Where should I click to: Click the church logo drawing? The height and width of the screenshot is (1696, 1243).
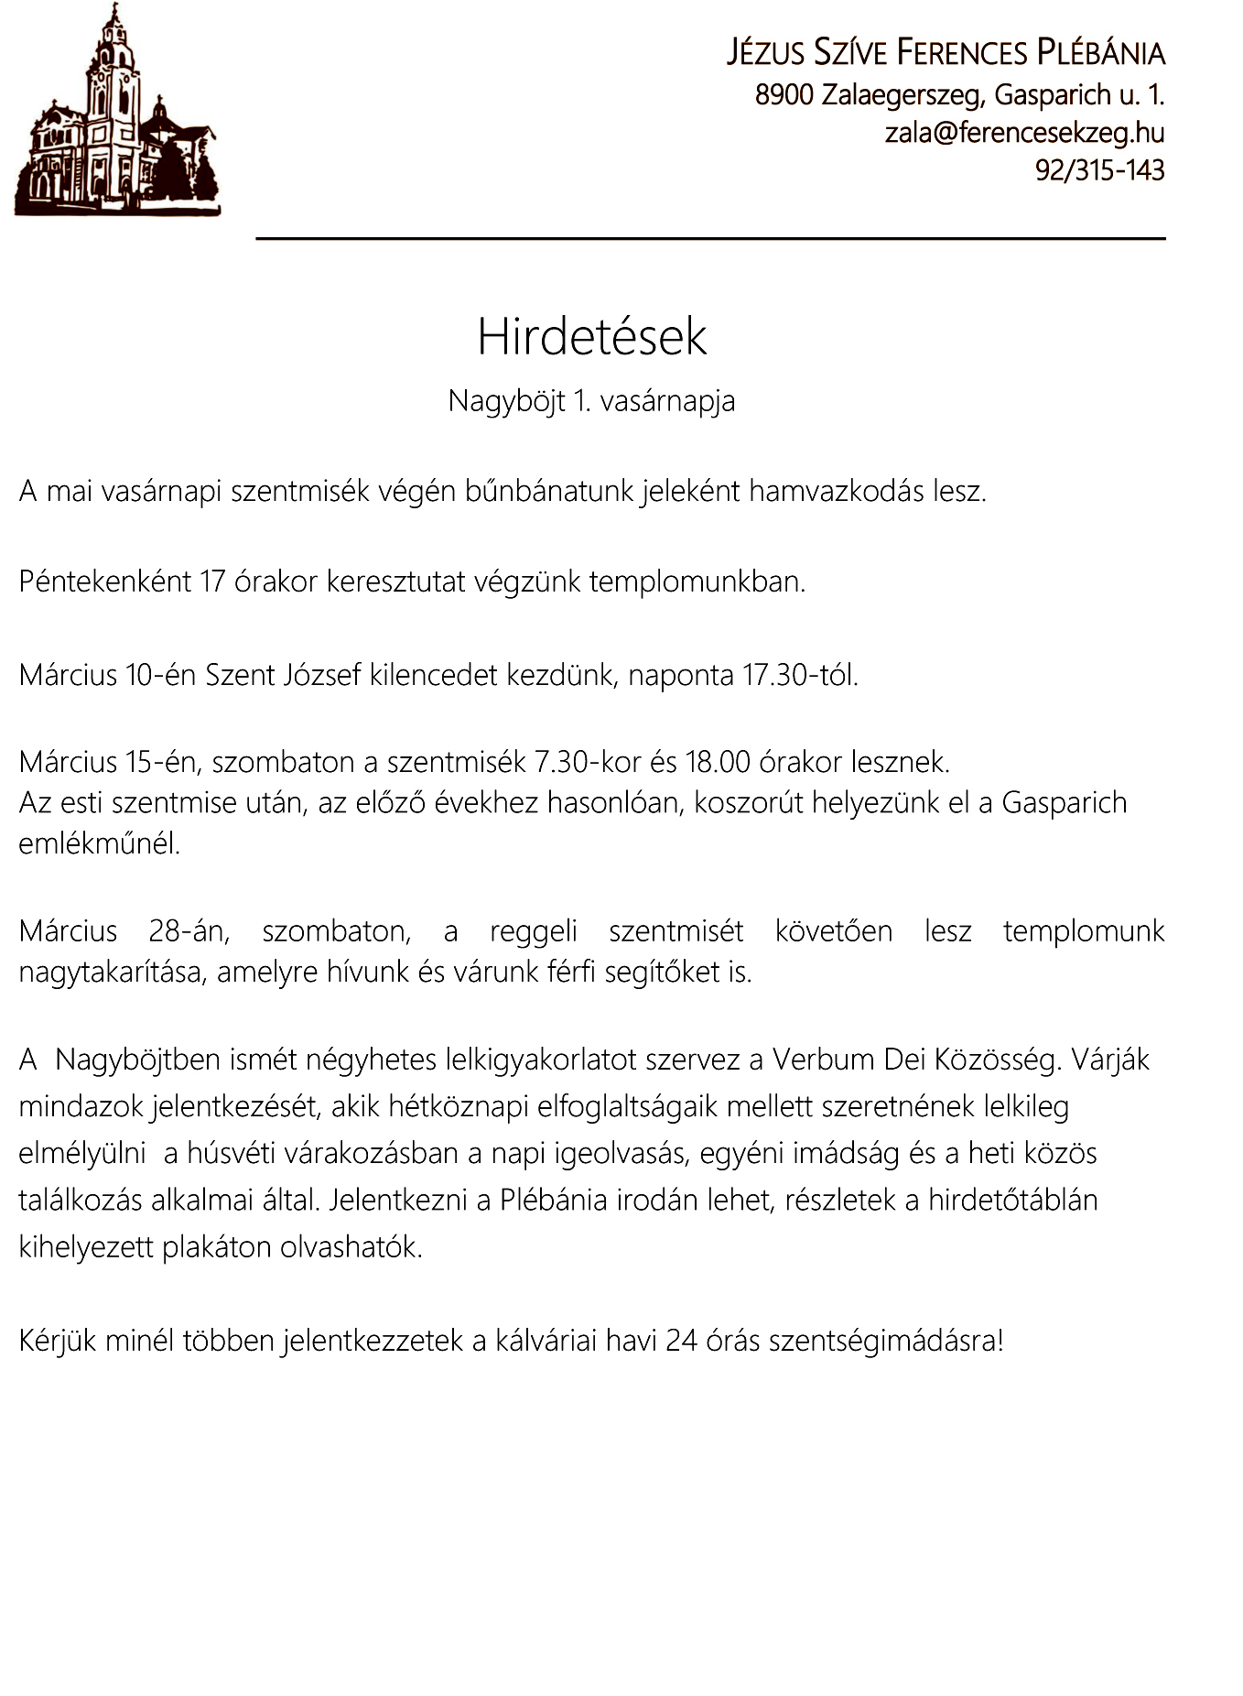(116, 114)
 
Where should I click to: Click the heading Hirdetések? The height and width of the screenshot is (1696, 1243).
(591, 337)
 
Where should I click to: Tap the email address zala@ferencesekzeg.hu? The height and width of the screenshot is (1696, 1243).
(1024, 133)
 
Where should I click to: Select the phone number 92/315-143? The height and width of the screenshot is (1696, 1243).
(1099, 170)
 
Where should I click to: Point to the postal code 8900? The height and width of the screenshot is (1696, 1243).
(784, 94)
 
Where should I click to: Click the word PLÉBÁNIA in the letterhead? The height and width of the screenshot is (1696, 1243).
(1100, 53)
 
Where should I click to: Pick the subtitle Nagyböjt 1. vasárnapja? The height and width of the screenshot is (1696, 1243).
(591, 401)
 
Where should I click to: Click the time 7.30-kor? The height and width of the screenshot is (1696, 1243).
(588, 762)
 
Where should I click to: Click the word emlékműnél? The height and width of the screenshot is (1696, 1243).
(99, 843)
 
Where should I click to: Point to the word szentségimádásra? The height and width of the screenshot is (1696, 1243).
(886, 1342)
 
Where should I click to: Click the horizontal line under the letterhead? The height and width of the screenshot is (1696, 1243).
(710, 239)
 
